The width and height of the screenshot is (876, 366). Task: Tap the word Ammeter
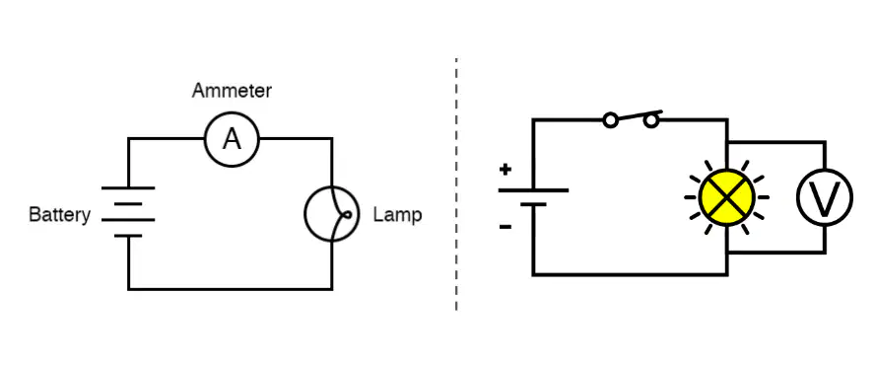click(232, 91)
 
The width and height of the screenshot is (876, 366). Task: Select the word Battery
click(59, 215)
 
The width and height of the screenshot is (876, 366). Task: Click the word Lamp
click(397, 214)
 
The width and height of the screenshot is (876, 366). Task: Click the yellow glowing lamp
click(727, 197)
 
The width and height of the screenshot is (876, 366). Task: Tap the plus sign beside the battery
click(505, 169)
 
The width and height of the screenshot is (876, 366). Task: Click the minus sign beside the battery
click(505, 227)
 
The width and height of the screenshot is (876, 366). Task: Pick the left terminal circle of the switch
click(611, 119)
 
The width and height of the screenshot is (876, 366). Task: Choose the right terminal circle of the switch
click(651, 119)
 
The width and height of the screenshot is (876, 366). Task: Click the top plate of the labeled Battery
click(128, 188)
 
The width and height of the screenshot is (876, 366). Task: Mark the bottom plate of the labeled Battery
click(128, 236)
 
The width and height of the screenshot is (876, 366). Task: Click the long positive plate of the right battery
click(533, 190)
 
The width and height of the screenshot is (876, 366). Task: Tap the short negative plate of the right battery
click(533, 204)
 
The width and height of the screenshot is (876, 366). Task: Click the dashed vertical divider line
click(456, 183)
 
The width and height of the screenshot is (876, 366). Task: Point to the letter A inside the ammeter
click(232, 139)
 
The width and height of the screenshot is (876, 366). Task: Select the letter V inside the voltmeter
click(825, 197)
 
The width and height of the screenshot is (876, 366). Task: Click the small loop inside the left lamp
click(347, 214)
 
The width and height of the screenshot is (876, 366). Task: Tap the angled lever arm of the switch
click(639, 115)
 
